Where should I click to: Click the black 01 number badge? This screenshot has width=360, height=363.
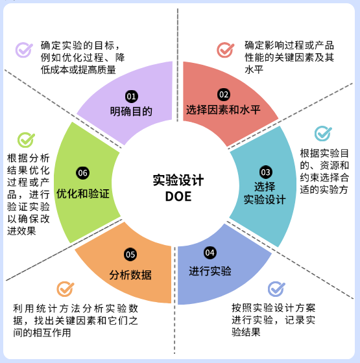(x=131, y=97)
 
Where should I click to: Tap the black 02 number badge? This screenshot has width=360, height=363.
(x=224, y=95)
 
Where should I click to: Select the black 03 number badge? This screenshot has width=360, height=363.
(x=265, y=172)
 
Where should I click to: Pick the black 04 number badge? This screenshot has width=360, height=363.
(x=210, y=253)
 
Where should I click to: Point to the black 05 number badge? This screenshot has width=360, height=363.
(x=130, y=255)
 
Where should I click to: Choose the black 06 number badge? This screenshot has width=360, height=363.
(x=83, y=173)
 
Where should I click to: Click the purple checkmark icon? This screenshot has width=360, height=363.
(x=24, y=49)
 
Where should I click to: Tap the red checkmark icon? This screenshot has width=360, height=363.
(x=226, y=49)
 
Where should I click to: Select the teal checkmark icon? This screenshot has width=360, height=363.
(x=323, y=134)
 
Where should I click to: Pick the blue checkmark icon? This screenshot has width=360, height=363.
(x=276, y=289)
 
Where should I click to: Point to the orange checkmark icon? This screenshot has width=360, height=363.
(x=66, y=289)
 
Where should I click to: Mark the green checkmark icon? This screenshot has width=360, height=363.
(x=26, y=140)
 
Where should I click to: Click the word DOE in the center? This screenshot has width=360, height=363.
(x=178, y=196)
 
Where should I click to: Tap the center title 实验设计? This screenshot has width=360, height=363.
(x=178, y=180)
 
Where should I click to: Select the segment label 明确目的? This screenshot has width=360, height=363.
(x=131, y=111)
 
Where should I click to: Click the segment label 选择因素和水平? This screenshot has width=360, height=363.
(x=223, y=110)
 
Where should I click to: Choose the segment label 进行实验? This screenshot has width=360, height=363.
(x=210, y=271)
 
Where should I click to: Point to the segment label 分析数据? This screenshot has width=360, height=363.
(x=130, y=275)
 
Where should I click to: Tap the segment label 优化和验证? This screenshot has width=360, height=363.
(x=83, y=194)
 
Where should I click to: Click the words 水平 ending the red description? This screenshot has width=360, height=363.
(x=254, y=69)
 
